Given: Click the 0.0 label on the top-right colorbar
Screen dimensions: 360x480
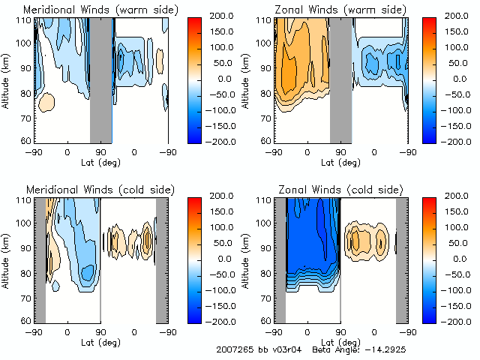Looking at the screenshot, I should [x=457, y=79].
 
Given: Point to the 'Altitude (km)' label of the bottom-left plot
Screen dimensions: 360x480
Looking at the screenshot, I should [x=7, y=258].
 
